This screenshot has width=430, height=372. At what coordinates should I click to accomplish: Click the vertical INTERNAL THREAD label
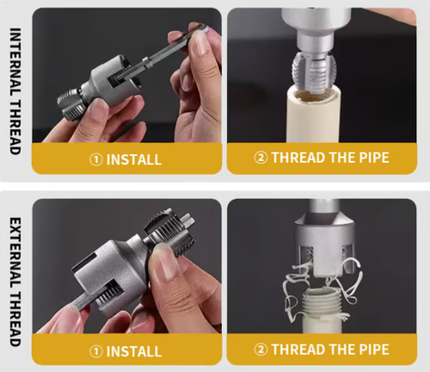click(14, 90)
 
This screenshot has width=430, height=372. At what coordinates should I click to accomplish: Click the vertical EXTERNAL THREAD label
click(14, 279)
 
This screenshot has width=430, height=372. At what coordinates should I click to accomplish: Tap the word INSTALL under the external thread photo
click(134, 351)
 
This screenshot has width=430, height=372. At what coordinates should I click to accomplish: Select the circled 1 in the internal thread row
click(95, 160)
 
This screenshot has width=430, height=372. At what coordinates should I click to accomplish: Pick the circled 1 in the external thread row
click(95, 351)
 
